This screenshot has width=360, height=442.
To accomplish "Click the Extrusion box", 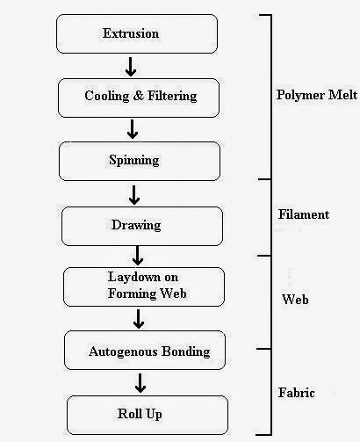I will click(133, 33).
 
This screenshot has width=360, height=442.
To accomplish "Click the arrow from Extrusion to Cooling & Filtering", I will click(130, 65).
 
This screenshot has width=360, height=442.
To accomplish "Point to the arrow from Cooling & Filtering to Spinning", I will click(133, 128).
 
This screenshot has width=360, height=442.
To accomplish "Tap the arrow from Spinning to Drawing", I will click(135, 193).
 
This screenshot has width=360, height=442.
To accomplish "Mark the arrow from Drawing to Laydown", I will click(138, 256).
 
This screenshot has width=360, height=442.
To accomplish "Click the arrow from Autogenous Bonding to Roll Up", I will click(140, 382).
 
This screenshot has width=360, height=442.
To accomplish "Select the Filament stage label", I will click(303, 214).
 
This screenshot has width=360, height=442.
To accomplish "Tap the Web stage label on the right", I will click(294, 300).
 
